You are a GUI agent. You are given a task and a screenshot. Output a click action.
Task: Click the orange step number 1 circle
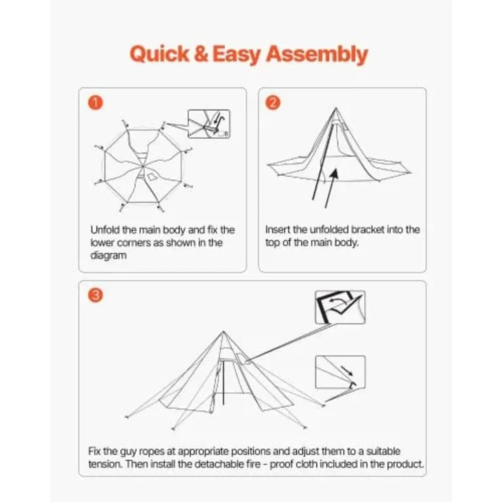pyautogui.click(x=95, y=103)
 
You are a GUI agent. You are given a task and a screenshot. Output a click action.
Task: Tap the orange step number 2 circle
pyautogui.click(x=273, y=103)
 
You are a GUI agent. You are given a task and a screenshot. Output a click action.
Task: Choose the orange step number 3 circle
pyautogui.click(x=95, y=295)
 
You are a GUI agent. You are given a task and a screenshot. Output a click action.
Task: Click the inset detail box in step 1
pyautogui.click(x=209, y=123)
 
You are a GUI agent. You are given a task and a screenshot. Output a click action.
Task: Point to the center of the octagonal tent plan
pyautogui.click(x=143, y=167)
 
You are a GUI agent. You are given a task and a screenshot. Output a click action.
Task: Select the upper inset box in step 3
pyautogui.click(x=340, y=307)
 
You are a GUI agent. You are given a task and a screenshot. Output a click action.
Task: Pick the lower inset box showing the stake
pyautogui.click(x=340, y=372)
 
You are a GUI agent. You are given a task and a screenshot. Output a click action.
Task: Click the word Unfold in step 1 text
pyautogui.click(x=105, y=230)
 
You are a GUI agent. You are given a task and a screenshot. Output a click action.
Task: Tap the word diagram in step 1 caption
pyautogui.click(x=108, y=255)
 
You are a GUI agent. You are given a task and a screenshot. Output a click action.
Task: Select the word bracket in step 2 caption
pyautogui.click(x=367, y=230)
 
